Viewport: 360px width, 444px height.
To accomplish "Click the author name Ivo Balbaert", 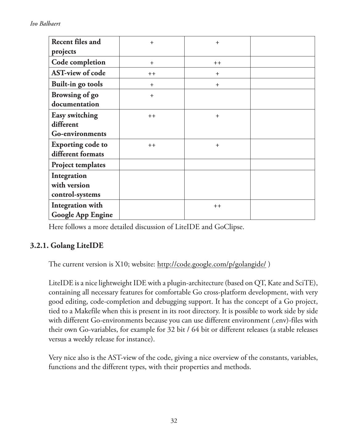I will (x=45, y=24).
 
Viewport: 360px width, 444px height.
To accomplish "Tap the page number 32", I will (x=174, y=421).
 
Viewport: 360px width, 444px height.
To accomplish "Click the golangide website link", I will (x=211, y=264).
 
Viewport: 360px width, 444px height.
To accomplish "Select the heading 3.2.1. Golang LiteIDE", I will (x=67, y=246).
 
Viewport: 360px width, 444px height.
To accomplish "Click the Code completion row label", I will (x=78, y=62).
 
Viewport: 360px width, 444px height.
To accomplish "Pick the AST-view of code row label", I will (x=78, y=73).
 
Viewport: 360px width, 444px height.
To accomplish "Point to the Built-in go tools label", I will (x=77, y=84).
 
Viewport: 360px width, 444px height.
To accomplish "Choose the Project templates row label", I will (x=78, y=165).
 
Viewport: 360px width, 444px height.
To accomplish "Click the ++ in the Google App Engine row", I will (x=217, y=206).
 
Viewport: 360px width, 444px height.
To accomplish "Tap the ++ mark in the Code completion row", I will (x=217, y=63).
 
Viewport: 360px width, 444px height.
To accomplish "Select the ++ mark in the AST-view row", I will (x=152, y=74).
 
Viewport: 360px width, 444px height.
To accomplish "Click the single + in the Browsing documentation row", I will (x=152, y=96).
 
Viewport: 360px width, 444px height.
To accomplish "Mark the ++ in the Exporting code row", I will (x=152, y=145).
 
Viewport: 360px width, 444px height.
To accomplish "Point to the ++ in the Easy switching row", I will (x=152, y=116).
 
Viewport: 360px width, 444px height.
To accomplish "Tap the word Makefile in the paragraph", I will (x=87, y=311).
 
